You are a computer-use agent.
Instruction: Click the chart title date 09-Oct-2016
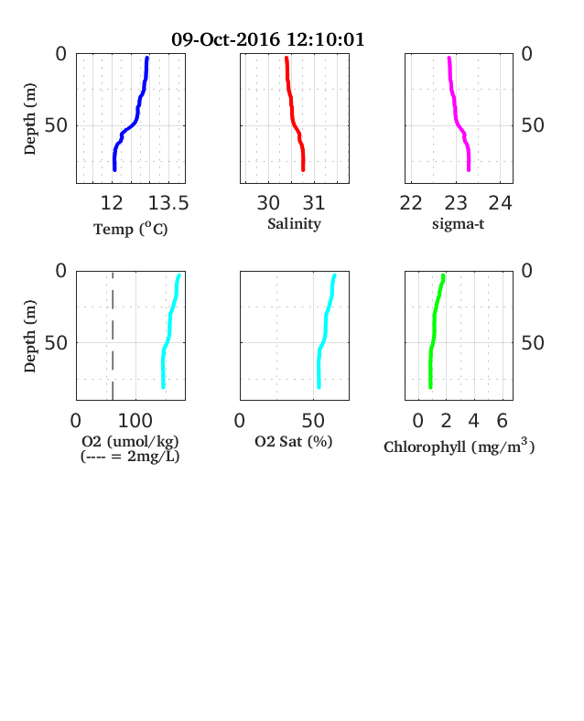(x=225, y=39)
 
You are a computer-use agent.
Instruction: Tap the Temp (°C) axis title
(x=131, y=229)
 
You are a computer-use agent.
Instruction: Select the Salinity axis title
(x=295, y=224)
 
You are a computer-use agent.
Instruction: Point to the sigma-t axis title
(x=458, y=224)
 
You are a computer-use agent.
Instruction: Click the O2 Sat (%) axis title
(x=294, y=441)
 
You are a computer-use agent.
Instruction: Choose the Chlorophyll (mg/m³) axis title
(x=459, y=447)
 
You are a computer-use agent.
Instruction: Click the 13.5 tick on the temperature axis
(x=168, y=203)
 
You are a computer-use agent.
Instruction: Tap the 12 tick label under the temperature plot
(x=112, y=203)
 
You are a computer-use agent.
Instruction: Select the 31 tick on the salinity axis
(x=314, y=203)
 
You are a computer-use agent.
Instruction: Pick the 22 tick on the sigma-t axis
(x=411, y=203)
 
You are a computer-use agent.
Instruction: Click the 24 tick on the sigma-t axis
(x=501, y=203)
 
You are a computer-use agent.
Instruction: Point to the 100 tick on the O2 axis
(x=135, y=421)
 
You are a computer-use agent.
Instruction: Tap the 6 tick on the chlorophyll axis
(x=503, y=421)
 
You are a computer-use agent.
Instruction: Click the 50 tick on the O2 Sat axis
(x=313, y=421)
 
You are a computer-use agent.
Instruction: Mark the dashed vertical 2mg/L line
(x=113, y=336)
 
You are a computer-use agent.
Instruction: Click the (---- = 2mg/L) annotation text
(x=130, y=457)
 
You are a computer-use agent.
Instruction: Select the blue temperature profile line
(x=137, y=111)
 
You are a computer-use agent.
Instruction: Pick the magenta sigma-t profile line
(x=456, y=115)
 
